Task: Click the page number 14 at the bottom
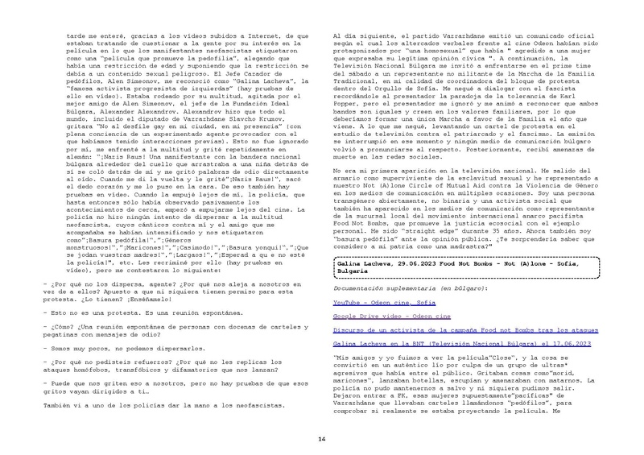(x=321, y=416)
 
